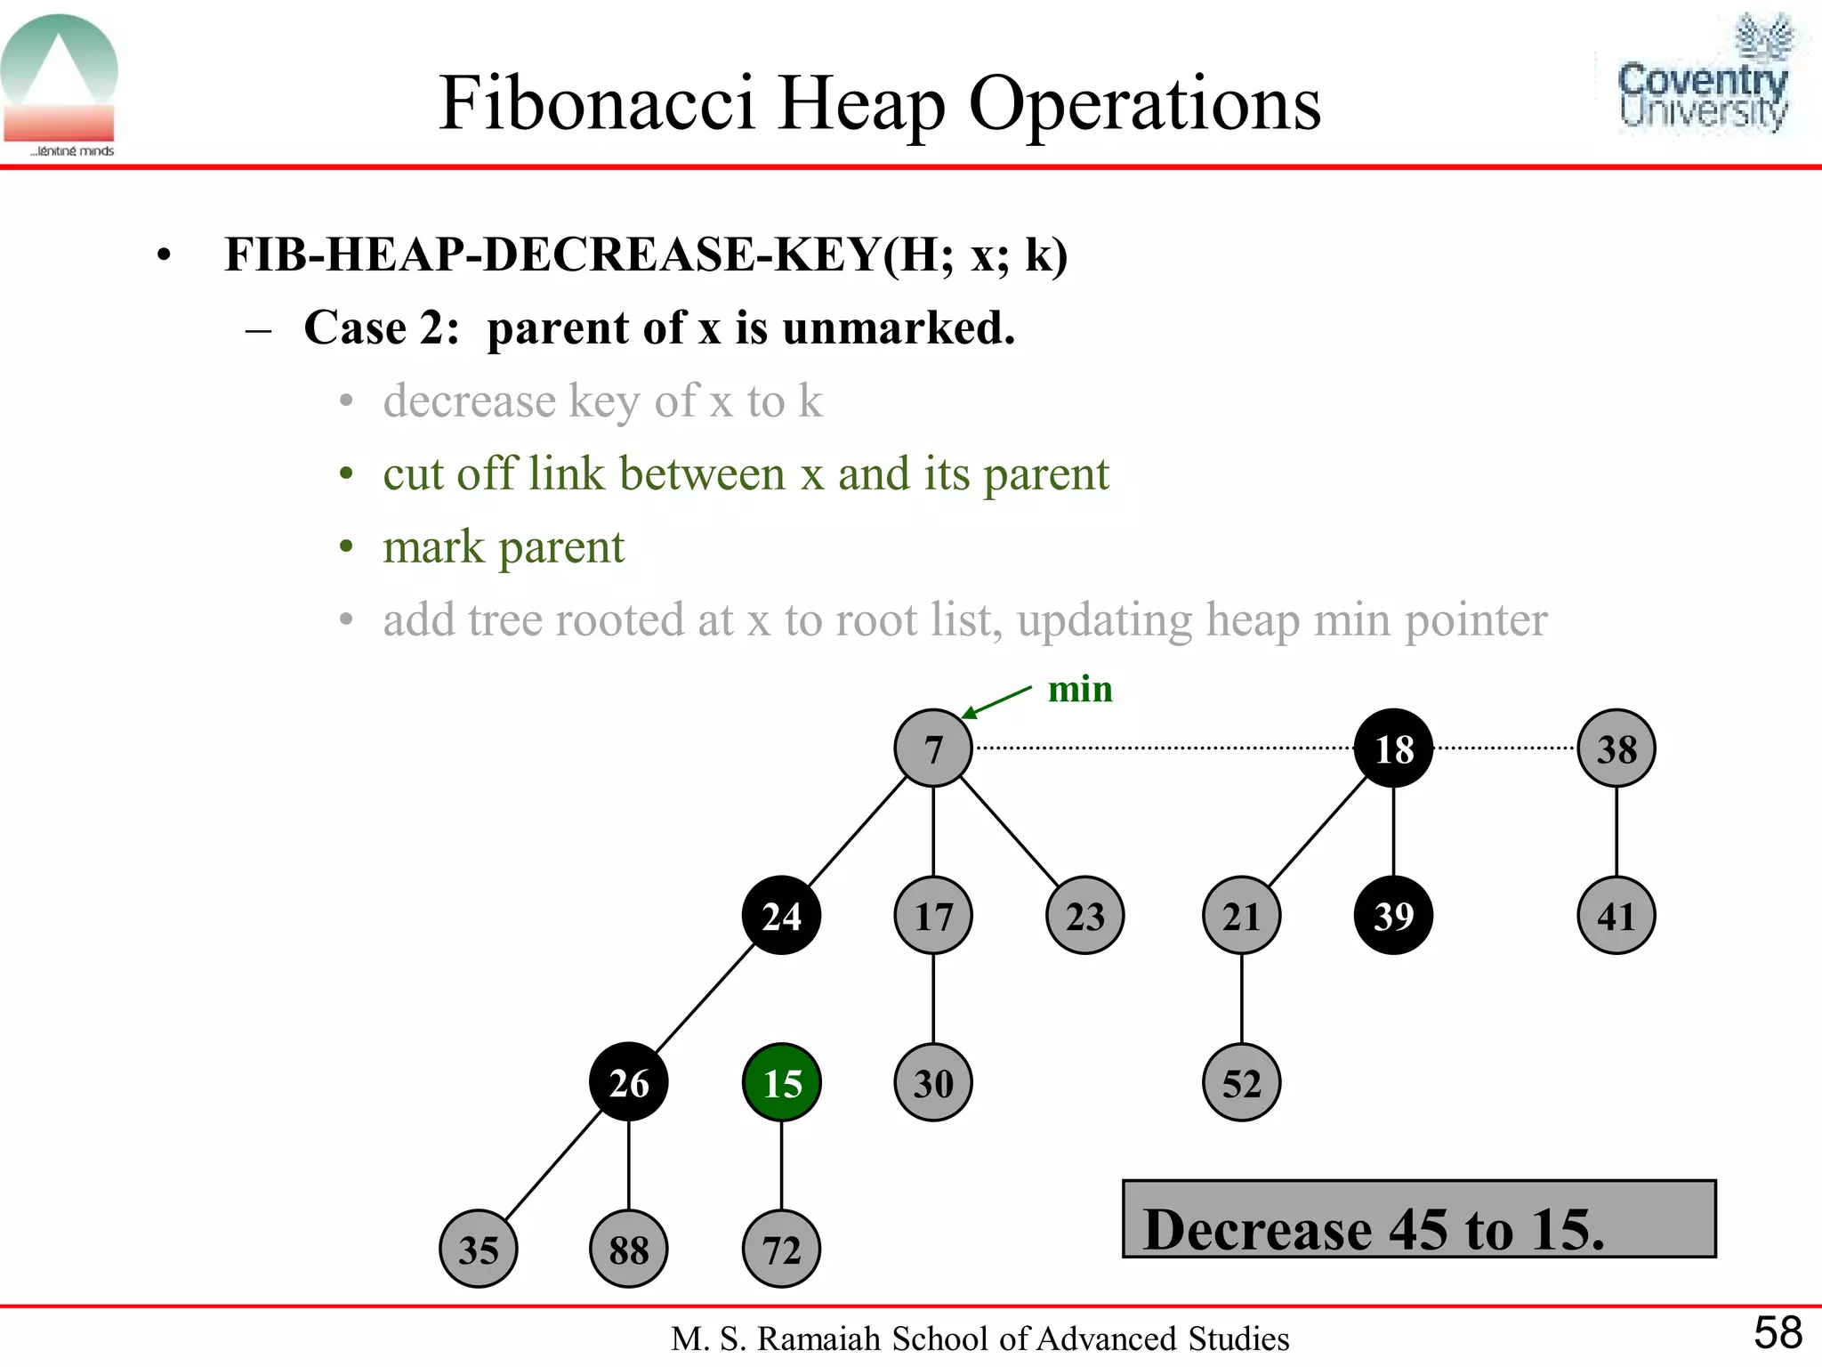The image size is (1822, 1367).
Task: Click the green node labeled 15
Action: coord(781,1082)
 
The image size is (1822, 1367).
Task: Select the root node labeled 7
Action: coord(932,748)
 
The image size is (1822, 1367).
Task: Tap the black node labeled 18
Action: coord(1393,748)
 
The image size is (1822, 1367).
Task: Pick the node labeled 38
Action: coord(1616,748)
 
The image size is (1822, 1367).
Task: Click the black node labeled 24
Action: coord(781,916)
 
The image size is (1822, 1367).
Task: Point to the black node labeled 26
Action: coord(628,1082)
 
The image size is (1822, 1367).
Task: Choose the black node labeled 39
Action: coord(1393,916)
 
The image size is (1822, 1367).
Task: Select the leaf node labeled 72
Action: coord(781,1249)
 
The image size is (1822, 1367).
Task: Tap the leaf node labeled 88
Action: coord(628,1249)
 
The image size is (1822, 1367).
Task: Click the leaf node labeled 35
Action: coord(479,1249)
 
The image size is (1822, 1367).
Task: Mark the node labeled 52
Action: coord(1241,1082)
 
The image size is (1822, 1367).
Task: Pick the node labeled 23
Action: coord(1084,916)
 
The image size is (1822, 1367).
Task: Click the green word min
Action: coord(1080,689)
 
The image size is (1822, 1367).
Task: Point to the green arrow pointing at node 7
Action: coord(996,701)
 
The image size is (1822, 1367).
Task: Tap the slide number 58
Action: coord(1778,1333)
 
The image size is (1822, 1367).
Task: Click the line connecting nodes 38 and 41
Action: coord(1616,831)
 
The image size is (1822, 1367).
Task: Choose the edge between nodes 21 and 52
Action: coord(1242,999)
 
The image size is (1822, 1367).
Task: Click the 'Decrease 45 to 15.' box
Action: coord(1419,1219)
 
